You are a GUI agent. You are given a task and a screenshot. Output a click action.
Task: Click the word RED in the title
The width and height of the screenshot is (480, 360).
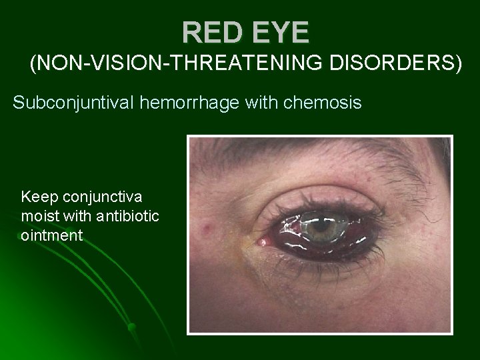(x=211, y=31)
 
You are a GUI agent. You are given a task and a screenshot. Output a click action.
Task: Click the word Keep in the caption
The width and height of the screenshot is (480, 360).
(x=38, y=197)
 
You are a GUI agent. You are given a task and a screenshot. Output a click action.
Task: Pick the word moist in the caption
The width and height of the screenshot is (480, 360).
(x=41, y=216)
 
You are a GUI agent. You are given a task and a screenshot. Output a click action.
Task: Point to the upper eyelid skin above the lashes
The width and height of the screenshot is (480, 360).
(x=320, y=183)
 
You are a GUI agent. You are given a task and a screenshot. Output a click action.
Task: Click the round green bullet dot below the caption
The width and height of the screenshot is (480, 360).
(x=132, y=327)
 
